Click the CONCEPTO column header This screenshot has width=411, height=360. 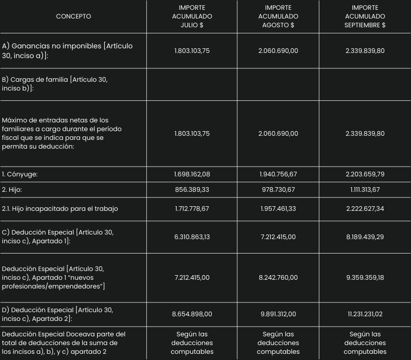tap(73, 16)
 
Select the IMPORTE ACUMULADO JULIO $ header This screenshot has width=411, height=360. tap(192, 16)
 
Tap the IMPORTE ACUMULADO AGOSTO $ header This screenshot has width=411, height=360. tap(278, 16)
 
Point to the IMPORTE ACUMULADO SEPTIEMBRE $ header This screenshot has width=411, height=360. tap(365, 16)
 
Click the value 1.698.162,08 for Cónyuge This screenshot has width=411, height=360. tap(192, 174)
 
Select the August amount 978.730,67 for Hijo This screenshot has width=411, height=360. tap(278, 190)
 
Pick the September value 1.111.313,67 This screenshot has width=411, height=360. tap(365, 190)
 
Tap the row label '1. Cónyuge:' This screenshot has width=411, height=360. tap(20, 174)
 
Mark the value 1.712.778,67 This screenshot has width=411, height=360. tap(192, 209)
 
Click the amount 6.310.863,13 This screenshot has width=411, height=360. tap(192, 237)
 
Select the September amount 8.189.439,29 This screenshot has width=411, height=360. tap(365, 237)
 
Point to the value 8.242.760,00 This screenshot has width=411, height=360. tap(278, 278)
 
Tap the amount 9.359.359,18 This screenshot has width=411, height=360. tap(365, 278)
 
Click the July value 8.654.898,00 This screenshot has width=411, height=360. tap(192, 314)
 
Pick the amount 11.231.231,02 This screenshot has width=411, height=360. tap(365, 314)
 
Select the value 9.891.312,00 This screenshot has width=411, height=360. tap(278, 314)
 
